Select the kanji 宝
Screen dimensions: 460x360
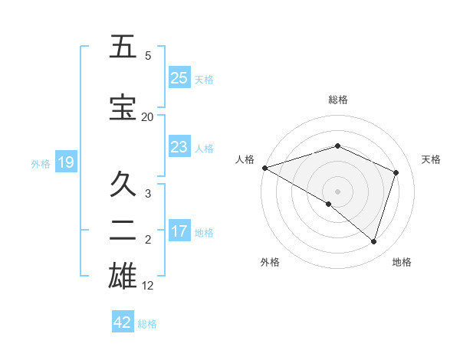(x=123, y=107)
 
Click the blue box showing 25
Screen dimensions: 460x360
(x=179, y=77)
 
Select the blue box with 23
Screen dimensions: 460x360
(x=179, y=146)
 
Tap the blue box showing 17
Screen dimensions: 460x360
(x=179, y=231)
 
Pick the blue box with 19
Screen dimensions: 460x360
(x=65, y=162)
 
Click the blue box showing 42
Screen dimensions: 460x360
(x=122, y=322)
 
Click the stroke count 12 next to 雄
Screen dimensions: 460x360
(x=148, y=286)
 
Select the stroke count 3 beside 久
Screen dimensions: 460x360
(x=148, y=194)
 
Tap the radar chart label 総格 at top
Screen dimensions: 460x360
(x=337, y=100)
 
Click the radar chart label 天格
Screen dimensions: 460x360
(x=431, y=159)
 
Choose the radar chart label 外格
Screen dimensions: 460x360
(x=270, y=262)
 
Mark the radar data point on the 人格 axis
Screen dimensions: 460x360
(x=264, y=168)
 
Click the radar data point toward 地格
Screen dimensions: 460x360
(x=373, y=241)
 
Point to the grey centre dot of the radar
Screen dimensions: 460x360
(x=337, y=191)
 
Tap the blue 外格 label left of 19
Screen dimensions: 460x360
(x=40, y=163)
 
